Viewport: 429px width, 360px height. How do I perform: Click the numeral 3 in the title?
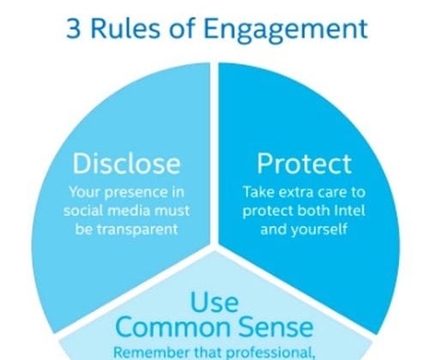(x=74, y=29)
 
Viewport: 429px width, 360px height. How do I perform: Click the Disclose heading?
(x=126, y=163)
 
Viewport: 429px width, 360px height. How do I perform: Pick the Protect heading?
(x=304, y=164)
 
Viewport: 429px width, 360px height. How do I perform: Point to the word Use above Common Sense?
(x=214, y=302)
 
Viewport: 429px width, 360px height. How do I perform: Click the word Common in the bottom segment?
(x=173, y=327)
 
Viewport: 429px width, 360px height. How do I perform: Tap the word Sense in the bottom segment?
(x=275, y=327)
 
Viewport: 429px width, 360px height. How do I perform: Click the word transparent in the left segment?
(x=137, y=230)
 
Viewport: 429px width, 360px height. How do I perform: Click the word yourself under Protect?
(x=319, y=230)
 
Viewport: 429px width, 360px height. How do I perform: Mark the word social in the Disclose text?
(x=83, y=211)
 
